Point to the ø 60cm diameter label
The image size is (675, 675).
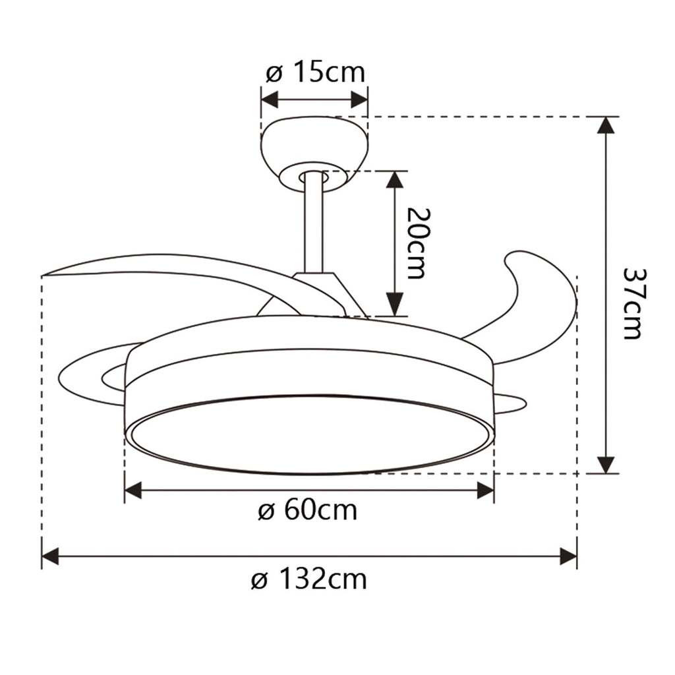pyautogui.click(x=307, y=510)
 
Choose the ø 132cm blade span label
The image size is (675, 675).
pyautogui.click(x=308, y=580)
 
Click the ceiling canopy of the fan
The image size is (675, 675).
pyautogui.click(x=314, y=148)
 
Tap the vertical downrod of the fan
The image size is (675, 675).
pyautogui.click(x=313, y=224)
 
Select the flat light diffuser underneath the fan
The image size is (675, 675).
pyautogui.click(x=308, y=435)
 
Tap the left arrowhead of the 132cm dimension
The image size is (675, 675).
pyautogui.click(x=50, y=556)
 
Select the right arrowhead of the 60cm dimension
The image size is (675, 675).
pyautogui.click(x=485, y=490)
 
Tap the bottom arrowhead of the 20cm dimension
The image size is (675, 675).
pyautogui.click(x=394, y=306)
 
